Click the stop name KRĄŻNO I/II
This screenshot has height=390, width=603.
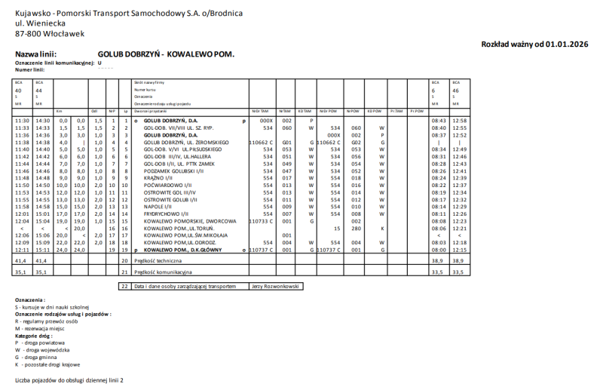(158, 178)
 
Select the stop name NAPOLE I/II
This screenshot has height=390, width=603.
(159, 206)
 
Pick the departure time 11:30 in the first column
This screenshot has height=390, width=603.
(22, 121)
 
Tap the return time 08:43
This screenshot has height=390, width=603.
(439, 121)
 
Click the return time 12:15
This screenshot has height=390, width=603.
(459, 249)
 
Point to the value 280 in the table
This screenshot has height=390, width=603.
(357, 228)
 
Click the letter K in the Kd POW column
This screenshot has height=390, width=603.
(382, 228)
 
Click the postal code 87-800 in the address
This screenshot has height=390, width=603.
(29, 33)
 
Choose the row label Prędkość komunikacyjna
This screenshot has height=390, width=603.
(163, 272)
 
